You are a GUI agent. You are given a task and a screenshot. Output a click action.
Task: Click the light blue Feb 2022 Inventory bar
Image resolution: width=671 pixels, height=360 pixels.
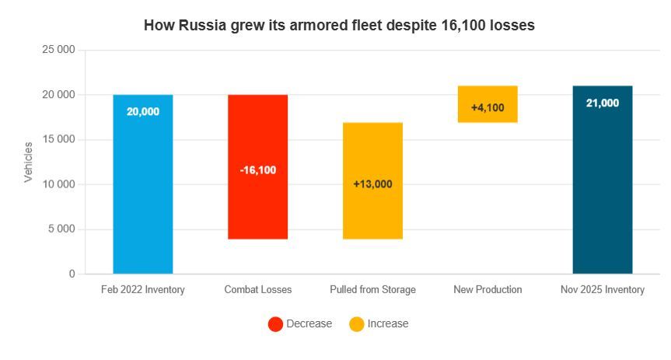(x=143, y=184)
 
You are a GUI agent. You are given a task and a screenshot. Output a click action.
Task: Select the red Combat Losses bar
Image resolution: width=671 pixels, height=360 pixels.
(x=257, y=166)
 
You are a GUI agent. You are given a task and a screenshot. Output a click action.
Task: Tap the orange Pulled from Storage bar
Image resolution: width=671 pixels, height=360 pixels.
(x=372, y=180)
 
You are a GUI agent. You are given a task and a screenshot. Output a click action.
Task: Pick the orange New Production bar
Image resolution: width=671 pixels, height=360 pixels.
(x=488, y=104)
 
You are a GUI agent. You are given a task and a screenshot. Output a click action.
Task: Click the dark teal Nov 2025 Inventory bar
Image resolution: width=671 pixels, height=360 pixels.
(x=603, y=180)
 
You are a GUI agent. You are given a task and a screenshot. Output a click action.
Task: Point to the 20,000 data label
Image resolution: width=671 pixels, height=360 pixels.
(x=143, y=112)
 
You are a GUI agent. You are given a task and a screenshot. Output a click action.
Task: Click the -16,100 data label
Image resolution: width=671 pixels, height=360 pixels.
(x=258, y=170)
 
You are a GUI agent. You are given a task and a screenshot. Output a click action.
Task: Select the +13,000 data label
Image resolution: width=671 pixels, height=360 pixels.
(x=372, y=184)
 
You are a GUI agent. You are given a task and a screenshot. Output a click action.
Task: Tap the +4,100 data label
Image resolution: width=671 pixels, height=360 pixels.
(x=488, y=107)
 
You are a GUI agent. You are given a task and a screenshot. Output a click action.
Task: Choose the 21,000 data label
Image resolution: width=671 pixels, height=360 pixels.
(x=603, y=103)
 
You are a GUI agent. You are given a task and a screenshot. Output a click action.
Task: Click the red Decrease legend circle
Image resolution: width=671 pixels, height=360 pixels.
(x=275, y=324)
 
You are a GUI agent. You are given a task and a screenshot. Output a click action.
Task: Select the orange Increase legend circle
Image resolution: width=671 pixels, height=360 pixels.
(x=356, y=324)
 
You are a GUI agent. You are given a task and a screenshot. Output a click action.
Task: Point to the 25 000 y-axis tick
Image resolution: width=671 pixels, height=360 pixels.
(x=58, y=50)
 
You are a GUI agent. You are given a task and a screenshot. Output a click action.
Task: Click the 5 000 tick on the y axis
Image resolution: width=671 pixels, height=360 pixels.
(x=61, y=229)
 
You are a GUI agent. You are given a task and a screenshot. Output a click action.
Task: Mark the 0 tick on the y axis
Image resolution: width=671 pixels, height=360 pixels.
(x=72, y=274)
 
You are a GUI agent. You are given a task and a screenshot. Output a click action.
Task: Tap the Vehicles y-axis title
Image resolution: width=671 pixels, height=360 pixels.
(x=28, y=163)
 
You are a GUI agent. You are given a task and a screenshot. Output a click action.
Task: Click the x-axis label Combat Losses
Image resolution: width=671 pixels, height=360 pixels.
(x=258, y=290)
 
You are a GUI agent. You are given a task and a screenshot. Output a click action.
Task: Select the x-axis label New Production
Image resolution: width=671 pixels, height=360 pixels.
(x=488, y=290)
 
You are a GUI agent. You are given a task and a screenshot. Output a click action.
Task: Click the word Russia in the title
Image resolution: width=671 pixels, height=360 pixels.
(x=202, y=25)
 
